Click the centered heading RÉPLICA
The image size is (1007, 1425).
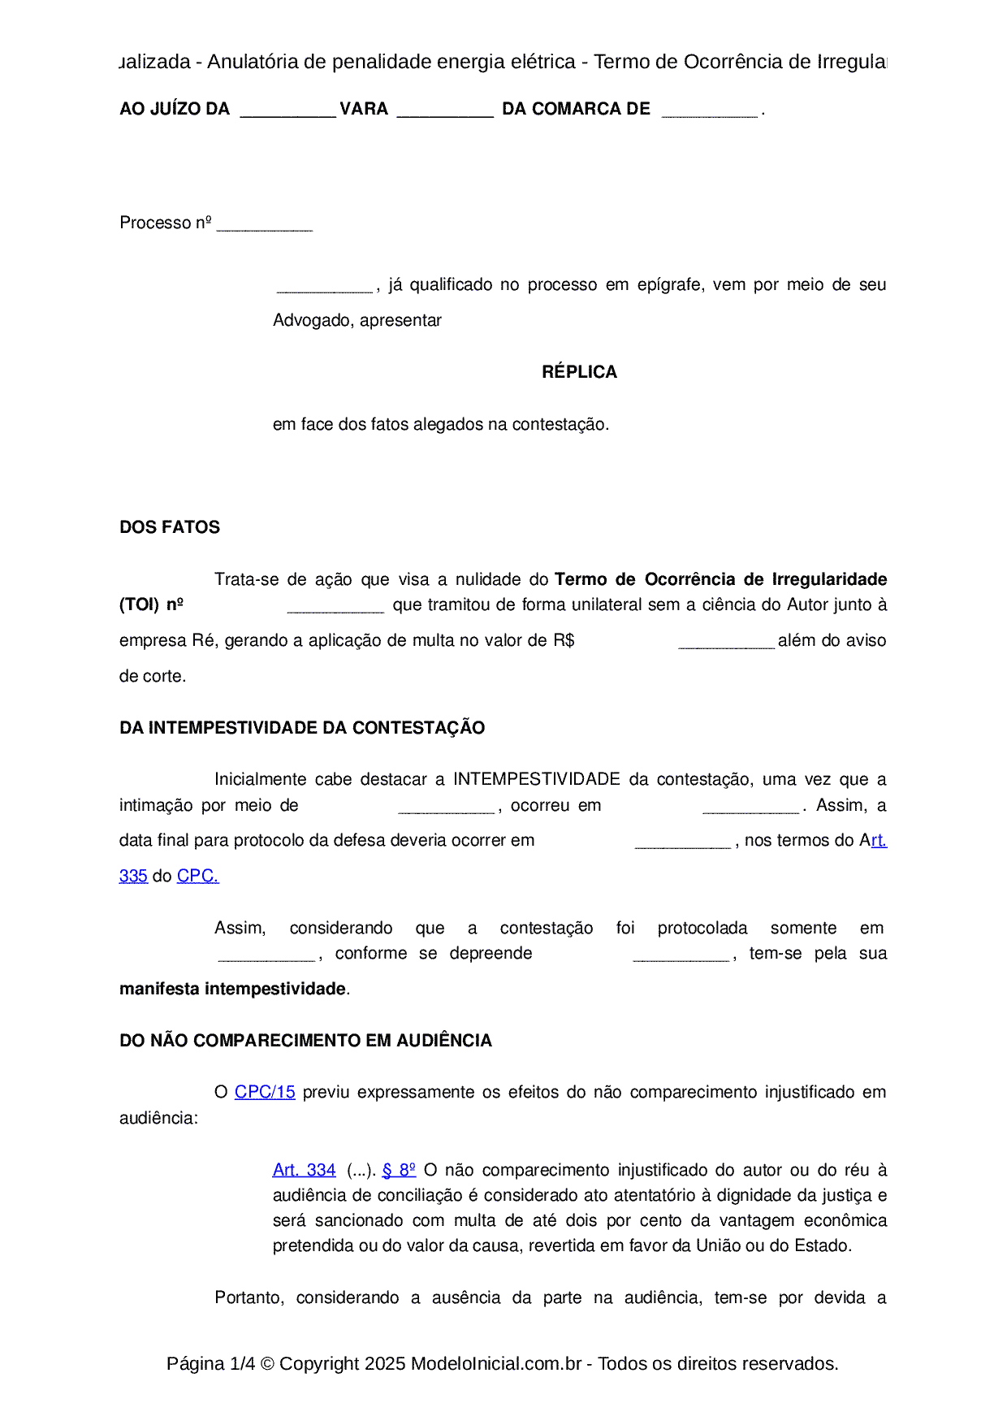(579, 372)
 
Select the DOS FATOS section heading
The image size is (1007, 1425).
(169, 527)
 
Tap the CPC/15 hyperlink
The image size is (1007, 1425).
(265, 1093)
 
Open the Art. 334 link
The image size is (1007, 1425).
(304, 1170)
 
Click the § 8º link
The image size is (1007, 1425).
(399, 1170)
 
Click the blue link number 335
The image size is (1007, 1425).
(133, 877)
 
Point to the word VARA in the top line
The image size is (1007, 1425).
(364, 109)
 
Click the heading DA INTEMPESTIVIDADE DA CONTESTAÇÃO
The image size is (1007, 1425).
(302, 728)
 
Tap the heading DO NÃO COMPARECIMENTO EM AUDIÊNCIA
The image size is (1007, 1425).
(305, 1041)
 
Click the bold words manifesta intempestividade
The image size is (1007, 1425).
(232, 989)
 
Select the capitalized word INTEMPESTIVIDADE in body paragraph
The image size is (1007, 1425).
(537, 780)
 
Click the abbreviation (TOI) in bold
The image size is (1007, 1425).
(139, 604)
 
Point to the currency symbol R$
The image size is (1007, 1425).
(564, 641)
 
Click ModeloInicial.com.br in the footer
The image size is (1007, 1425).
(496, 1364)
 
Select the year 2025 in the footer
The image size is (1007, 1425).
(385, 1364)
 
